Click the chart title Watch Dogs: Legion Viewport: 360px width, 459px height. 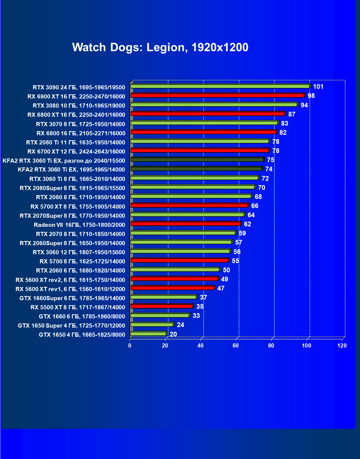pyautogui.click(x=160, y=47)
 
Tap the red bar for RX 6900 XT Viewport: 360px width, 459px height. pyautogui.click(x=217, y=95)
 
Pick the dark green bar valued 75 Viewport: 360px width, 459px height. pyautogui.click(x=197, y=160)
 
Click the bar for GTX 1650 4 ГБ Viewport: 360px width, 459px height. pyautogui.click(x=148, y=334)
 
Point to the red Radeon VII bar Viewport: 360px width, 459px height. pyautogui.click(x=185, y=224)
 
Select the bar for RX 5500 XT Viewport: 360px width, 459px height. pyautogui.click(x=161, y=306)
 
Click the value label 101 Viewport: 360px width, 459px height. pyautogui.click(x=318, y=87)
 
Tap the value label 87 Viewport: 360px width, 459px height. pyautogui.click(x=292, y=114)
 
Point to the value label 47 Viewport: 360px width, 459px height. pyautogui.click(x=221, y=288)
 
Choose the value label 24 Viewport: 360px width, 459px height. pyautogui.click(x=180, y=325)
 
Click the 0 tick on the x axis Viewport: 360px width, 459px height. pyautogui.click(x=130, y=346)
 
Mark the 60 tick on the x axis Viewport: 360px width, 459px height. pyautogui.click(x=236, y=346)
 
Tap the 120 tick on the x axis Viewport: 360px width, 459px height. pyautogui.click(x=342, y=346)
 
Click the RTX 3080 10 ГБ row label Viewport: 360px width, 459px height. pyautogui.click(x=79, y=106)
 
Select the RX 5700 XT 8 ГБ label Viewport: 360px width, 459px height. pyautogui.click(x=78, y=206)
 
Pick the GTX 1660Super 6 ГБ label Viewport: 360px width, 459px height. pyautogui.click(x=72, y=298)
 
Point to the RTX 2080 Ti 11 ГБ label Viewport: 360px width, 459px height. pyautogui.click(x=75, y=142)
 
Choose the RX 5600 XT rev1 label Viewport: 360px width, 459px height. pyautogui.click(x=70, y=289)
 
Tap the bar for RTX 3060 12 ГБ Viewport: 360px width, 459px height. pyautogui.click(x=180, y=251)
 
